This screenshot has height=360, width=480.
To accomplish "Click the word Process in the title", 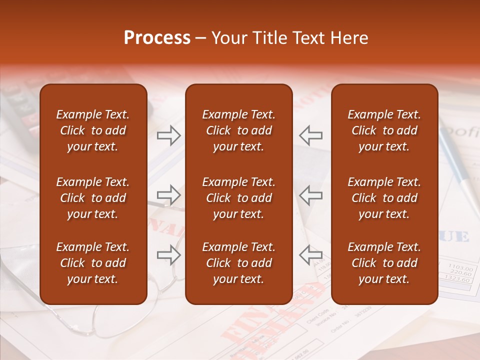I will click(157, 38).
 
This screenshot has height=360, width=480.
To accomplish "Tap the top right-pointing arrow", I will click(169, 135).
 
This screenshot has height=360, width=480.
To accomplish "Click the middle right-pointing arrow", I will click(169, 195).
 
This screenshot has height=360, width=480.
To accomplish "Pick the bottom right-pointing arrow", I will click(169, 255).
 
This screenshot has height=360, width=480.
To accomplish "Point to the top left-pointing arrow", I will click(311, 135).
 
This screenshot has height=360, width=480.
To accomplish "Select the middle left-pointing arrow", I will click(311, 195).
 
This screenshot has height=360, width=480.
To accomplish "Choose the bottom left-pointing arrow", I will click(311, 255).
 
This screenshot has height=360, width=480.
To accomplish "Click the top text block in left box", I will click(93, 130).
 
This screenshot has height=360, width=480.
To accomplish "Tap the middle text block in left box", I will click(93, 198).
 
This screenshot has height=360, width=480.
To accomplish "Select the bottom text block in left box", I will click(93, 263).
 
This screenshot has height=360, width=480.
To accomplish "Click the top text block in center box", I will click(238, 130).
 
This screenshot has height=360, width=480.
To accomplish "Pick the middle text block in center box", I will click(238, 198).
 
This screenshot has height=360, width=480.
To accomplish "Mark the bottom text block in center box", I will click(238, 263).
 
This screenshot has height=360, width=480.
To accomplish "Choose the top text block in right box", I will click(384, 130).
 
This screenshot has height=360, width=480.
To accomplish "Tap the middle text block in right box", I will click(384, 198).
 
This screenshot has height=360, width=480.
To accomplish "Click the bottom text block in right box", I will click(384, 263).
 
